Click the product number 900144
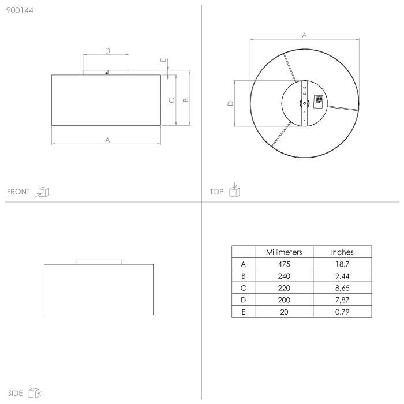(20, 10)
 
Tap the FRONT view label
(18, 192)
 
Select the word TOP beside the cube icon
(216, 192)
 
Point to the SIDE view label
(15, 393)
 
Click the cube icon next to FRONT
(43, 192)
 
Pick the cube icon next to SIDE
(36, 393)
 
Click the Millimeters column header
(284, 252)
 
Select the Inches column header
(342, 252)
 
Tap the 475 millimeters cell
(284, 264)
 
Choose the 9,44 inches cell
(342, 276)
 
